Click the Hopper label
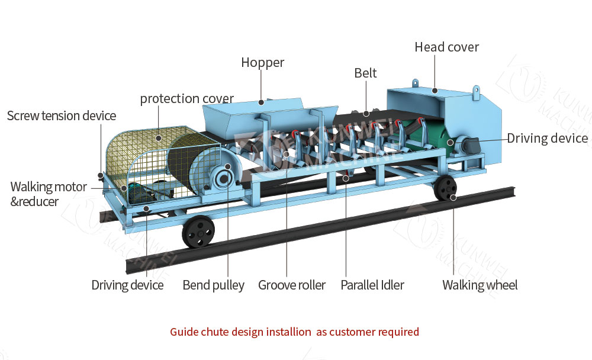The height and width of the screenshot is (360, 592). coord(262,63)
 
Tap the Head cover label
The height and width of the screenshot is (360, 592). coord(446,47)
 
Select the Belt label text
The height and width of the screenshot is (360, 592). coord(365,73)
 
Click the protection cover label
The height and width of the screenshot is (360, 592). coord(186,99)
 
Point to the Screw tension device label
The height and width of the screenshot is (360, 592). coord(62,115)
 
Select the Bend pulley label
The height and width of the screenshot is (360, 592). coord(213,285)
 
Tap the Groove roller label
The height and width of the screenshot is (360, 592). coord(292,285)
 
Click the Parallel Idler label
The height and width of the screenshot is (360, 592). coord(372,285)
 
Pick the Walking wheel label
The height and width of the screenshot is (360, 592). coord(480,285)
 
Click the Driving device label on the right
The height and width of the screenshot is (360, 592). coord(548,139)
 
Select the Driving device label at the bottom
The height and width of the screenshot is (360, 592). coord(127,285)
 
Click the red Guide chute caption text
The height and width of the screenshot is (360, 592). coord(294,332)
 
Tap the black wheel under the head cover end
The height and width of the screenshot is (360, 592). coord(445,189)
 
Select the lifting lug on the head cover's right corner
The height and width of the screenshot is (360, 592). coord(476,92)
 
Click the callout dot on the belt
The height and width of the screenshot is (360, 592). coord(366,113)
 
